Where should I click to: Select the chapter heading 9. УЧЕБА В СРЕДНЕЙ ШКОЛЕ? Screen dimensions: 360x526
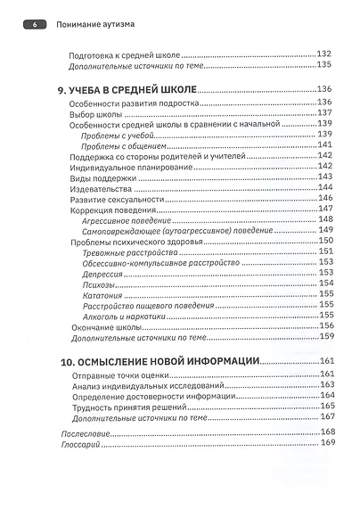coord(122,89)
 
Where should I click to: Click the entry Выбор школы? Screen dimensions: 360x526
coord(96,112)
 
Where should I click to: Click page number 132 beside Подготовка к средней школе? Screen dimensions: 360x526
coord(323,54)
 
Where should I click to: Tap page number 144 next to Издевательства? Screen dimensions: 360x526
coord(323,188)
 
